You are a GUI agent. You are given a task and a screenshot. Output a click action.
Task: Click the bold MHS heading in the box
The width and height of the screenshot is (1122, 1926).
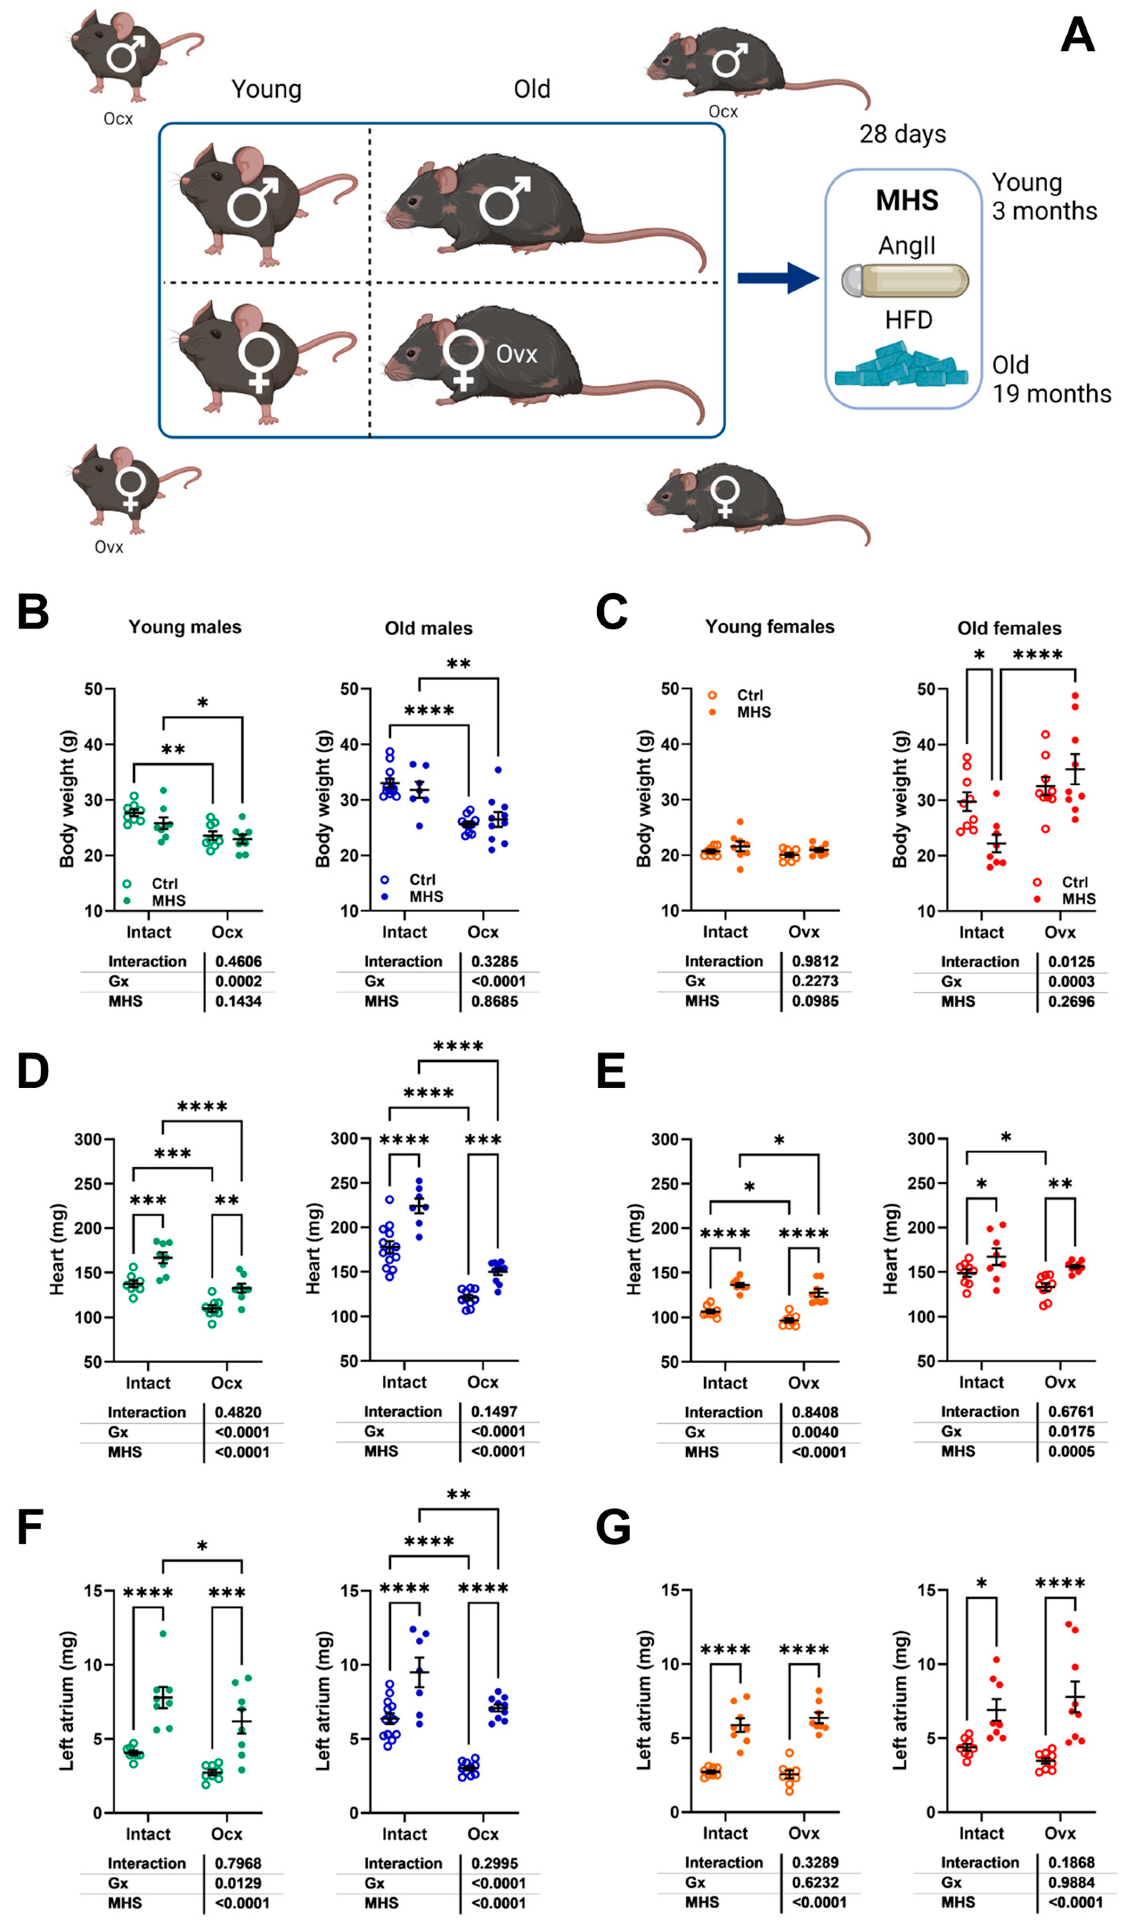pyautogui.click(x=907, y=200)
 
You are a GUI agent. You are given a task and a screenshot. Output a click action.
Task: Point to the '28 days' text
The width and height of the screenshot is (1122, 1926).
pyautogui.click(x=902, y=134)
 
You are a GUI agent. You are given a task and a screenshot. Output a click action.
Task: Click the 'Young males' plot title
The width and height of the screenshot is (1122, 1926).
pyautogui.click(x=185, y=628)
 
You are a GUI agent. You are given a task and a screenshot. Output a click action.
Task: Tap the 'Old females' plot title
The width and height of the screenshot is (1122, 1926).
pyautogui.click(x=1009, y=628)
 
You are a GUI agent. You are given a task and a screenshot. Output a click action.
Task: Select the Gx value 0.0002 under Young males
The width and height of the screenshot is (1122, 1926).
pyautogui.click(x=238, y=981)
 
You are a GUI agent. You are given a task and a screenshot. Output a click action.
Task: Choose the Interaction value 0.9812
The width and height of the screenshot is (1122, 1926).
pyautogui.click(x=815, y=962)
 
